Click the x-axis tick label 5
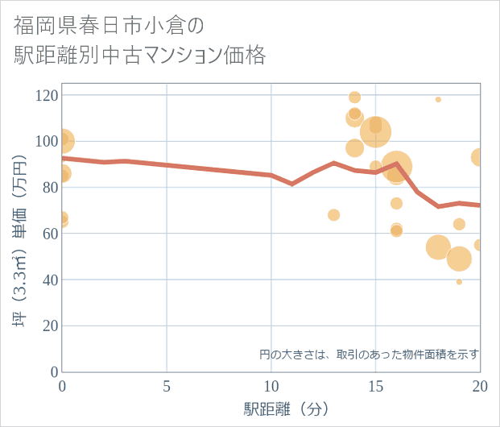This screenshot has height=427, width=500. pos(167,386)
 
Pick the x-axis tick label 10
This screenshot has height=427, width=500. pos(271,386)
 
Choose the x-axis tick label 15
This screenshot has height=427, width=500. pos(375,386)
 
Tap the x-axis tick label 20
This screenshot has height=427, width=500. pos(479,386)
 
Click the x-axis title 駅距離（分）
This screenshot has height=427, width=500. pos(287,408)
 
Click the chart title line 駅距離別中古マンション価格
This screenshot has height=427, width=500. pos(139,55)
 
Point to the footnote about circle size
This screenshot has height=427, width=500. pos(369,354)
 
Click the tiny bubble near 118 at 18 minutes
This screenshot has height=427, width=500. pos(438,100)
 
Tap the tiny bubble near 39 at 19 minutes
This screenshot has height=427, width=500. pos(459,282)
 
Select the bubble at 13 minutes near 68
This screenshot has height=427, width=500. pos(334,215)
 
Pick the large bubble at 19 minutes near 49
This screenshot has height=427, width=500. pos(459,259)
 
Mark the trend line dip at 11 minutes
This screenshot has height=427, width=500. pos(292,184)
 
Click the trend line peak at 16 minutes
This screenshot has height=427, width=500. pos(396,164)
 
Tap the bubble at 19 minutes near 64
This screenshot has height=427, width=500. pos(459,224)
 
